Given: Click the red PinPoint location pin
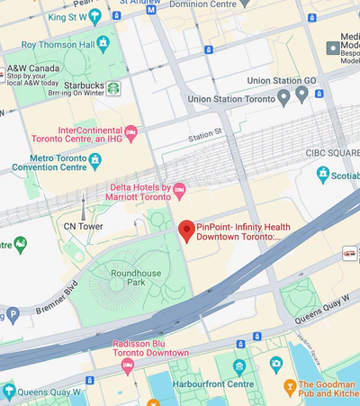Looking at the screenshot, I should pyautogui.click(x=186, y=231).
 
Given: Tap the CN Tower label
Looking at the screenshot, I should pyautogui.click(x=83, y=226).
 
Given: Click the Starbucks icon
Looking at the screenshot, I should pyautogui.click(x=114, y=88).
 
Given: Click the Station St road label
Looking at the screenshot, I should pyautogui.click(x=204, y=134).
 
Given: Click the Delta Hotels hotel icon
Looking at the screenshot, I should pyautogui.click(x=178, y=188).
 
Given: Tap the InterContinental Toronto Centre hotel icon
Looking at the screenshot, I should pyautogui.click(x=131, y=134).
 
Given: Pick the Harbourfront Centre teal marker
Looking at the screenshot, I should pyautogui.click(x=238, y=367).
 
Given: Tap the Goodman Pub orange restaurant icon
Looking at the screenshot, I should pyautogui.click(x=290, y=388).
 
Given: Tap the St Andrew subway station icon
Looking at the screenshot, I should pyautogui.click(x=150, y=9).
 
